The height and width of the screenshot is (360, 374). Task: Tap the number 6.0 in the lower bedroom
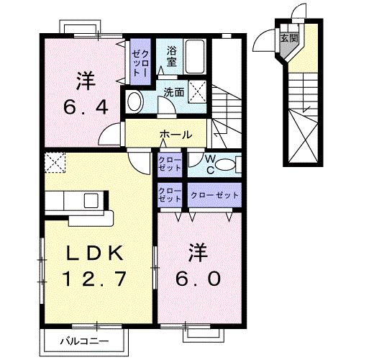coord(193,277)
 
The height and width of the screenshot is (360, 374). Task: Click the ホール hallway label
coord(175,135)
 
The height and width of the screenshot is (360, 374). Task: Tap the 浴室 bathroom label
coord(173,57)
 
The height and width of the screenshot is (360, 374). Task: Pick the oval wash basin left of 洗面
coord(134,102)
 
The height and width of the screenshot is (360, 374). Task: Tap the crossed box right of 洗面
coord(199,92)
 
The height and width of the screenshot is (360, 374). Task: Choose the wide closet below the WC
coord(214,194)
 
